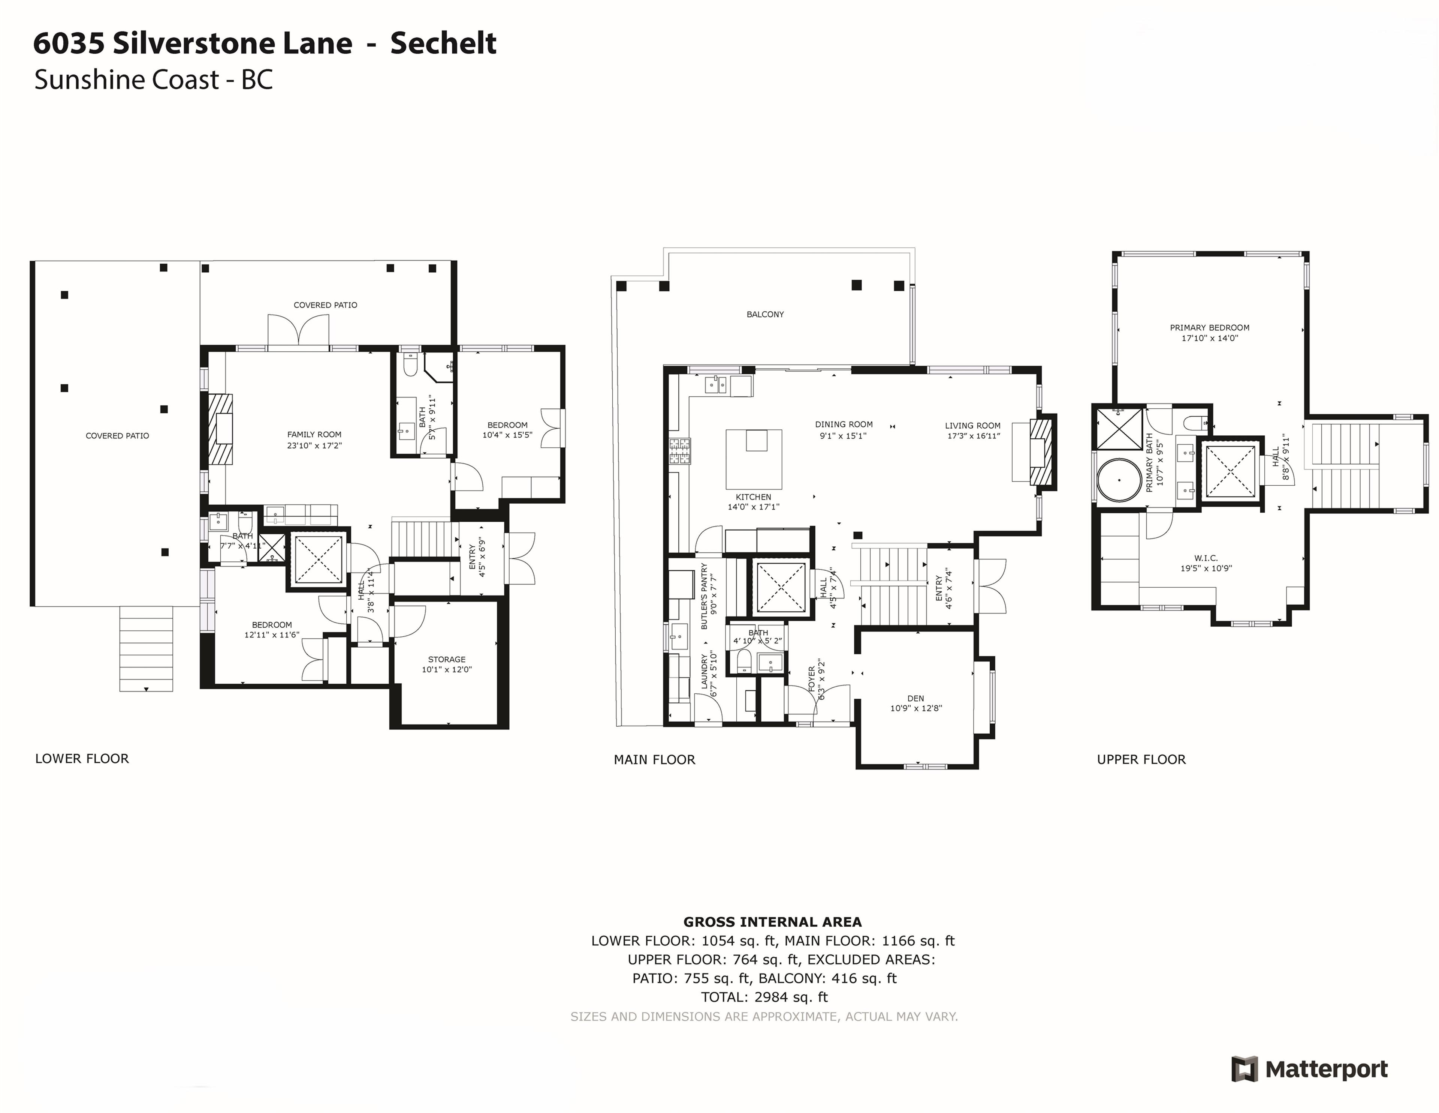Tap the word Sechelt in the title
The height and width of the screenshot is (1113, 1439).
coord(443,43)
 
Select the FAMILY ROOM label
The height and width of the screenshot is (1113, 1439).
coord(314,435)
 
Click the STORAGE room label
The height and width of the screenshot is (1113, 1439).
coord(447,659)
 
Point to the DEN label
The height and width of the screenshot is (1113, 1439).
coord(915,698)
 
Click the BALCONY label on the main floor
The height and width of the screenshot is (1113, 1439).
coord(765,315)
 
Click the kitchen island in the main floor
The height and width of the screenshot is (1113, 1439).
coord(754,457)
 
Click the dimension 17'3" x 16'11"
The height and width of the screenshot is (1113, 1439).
coord(972,436)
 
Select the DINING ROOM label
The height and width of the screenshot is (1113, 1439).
coord(844,424)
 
